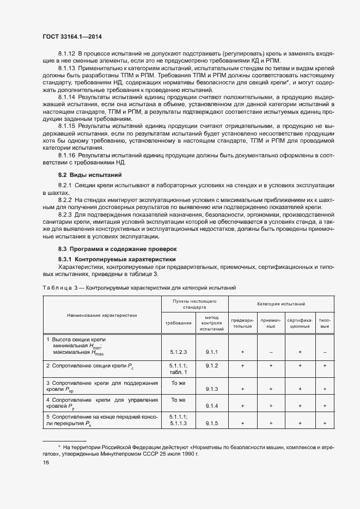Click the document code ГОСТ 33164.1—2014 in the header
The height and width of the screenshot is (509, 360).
(x=73, y=36)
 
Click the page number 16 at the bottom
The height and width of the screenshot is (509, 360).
(x=46, y=462)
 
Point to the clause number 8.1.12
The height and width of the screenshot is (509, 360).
(x=67, y=53)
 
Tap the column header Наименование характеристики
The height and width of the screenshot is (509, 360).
(x=102, y=315)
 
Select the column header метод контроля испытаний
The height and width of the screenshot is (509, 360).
(x=212, y=323)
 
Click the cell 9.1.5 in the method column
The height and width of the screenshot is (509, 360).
(x=212, y=422)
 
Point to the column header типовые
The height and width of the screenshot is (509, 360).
(x=325, y=323)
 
